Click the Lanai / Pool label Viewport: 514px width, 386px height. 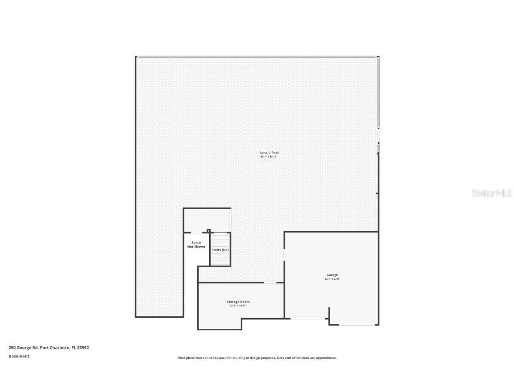[269, 153]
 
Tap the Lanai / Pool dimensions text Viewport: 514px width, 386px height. [269, 157]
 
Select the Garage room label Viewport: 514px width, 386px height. [332, 275]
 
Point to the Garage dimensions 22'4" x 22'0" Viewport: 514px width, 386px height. [332, 279]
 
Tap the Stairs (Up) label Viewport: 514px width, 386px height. [220, 250]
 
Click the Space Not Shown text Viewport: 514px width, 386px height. [196, 245]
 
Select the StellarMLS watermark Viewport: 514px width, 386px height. [492, 193]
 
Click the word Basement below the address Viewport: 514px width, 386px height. [19, 356]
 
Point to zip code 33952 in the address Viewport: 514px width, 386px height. [83, 347]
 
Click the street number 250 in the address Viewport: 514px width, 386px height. [12, 347]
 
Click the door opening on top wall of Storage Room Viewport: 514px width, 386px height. [270, 282]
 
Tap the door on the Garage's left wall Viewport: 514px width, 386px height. [285, 254]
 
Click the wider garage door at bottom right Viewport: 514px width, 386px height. [357, 325]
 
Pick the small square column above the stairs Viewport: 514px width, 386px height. [208, 231]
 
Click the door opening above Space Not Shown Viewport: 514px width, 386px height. [196, 232]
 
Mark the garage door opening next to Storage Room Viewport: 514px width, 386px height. [309, 319]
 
